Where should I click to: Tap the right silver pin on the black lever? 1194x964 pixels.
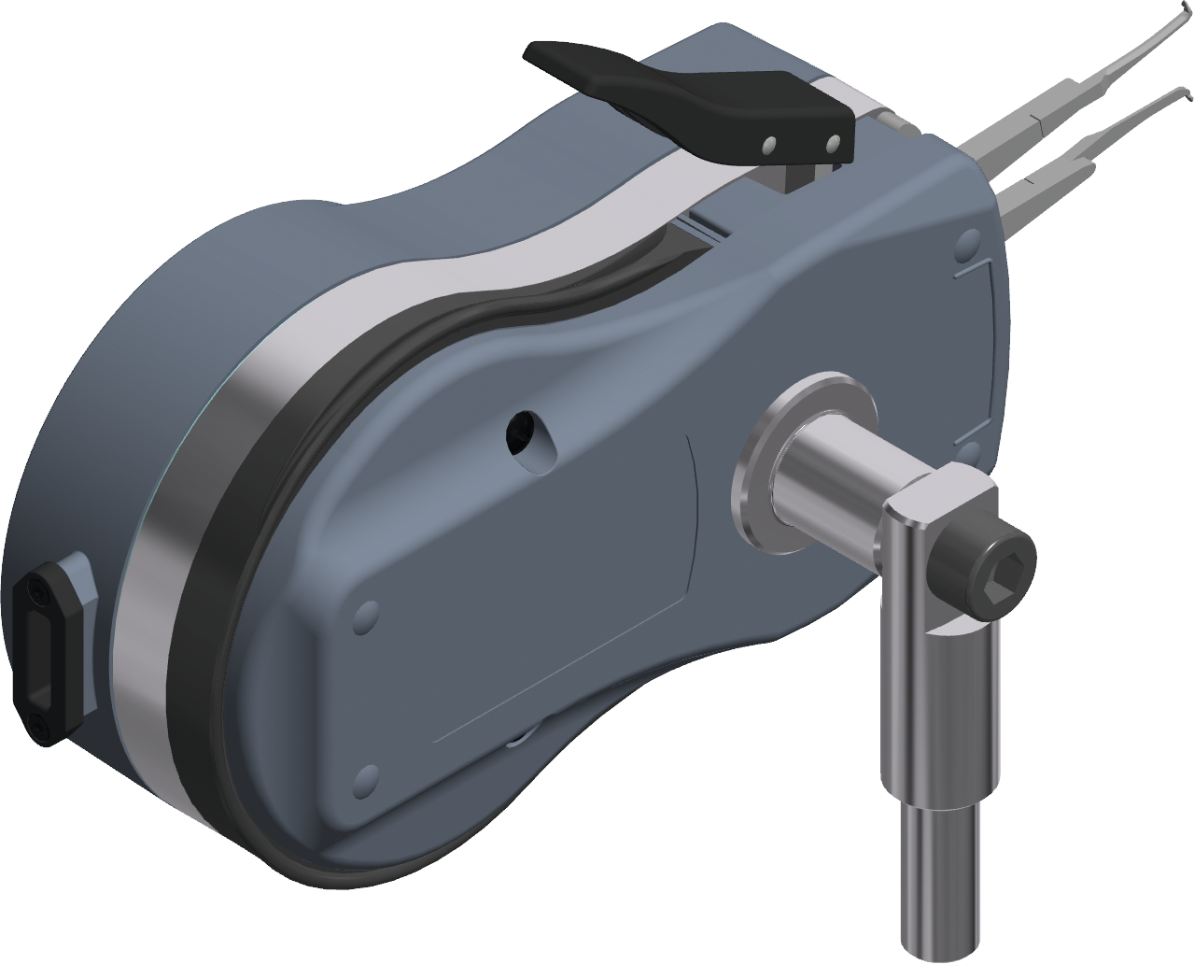834,142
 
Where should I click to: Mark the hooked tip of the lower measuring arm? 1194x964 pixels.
1187,93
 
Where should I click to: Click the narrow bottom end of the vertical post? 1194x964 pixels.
942,883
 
